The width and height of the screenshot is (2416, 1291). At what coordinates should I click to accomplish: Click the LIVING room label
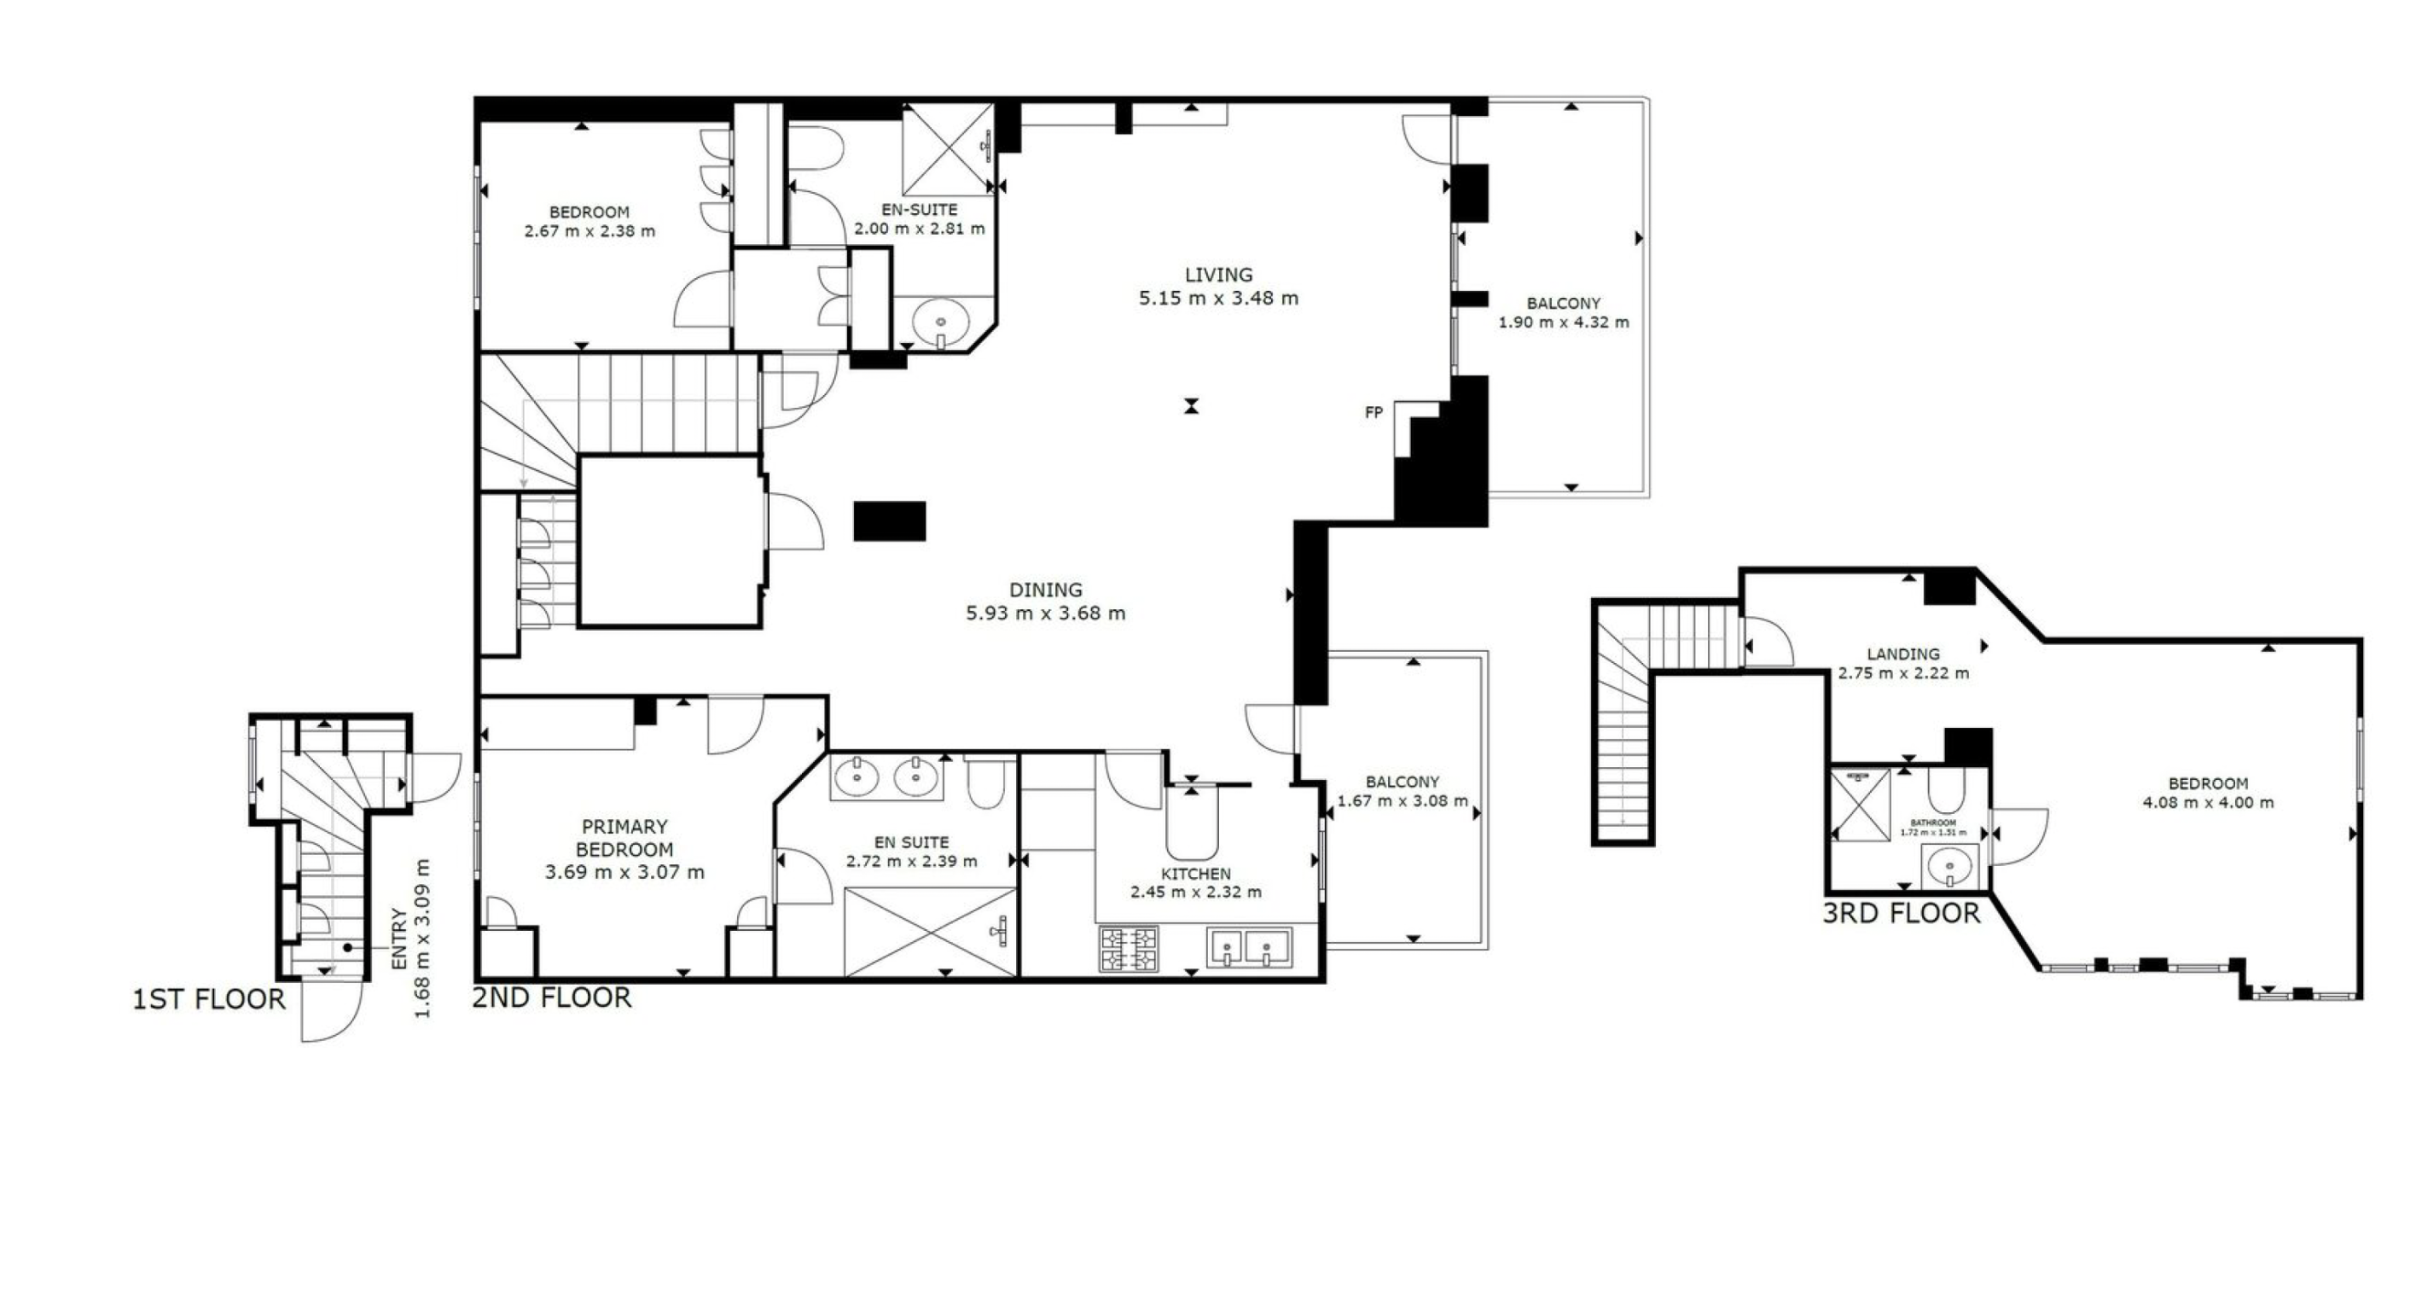[1217, 275]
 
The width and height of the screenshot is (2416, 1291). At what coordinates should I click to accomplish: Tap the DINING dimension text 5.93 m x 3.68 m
[1045, 614]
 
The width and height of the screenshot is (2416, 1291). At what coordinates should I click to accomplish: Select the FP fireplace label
[1373, 412]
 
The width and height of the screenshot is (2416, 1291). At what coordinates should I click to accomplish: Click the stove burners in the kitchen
[1130, 949]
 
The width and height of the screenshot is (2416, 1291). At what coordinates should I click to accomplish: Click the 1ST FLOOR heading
[208, 999]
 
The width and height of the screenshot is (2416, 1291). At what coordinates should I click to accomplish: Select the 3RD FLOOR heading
[1901, 913]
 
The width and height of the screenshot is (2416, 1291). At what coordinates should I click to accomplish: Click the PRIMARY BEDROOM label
[624, 838]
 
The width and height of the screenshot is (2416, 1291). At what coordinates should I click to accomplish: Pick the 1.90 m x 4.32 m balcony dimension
[1564, 323]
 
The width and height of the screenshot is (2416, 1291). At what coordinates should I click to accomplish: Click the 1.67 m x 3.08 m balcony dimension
[1403, 801]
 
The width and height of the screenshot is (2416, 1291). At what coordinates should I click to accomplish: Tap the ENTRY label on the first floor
[399, 939]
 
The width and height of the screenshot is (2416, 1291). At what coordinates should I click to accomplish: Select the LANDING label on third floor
[1903, 654]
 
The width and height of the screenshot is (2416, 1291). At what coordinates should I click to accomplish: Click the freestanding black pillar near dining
[889, 521]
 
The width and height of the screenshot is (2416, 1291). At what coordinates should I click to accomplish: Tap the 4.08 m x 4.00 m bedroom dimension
[2208, 803]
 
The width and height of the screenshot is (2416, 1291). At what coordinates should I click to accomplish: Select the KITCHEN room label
[1195, 874]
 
